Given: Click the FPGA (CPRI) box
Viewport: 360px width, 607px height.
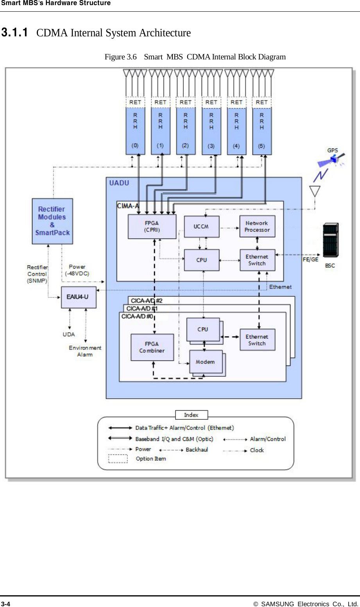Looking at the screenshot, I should pyautogui.click(x=152, y=226).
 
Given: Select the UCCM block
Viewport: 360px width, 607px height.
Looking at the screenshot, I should pyautogui.click(x=201, y=226).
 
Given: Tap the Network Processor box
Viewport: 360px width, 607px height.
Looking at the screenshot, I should pyautogui.click(x=257, y=226).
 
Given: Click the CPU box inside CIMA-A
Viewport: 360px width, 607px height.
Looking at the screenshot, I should pyautogui.click(x=202, y=260).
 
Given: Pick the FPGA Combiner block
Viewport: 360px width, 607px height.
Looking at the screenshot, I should pyautogui.click(x=152, y=347).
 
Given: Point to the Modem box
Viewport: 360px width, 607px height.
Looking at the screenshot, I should pyautogui.click(x=206, y=362).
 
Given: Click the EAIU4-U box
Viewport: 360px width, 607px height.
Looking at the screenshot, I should pyautogui.click(x=78, y=297).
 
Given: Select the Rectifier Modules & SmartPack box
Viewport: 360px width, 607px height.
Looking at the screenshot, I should pyautogui.click(x=52, y=221).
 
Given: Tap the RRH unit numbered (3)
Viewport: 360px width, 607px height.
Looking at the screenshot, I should pyautogui.click(x=211, y=131).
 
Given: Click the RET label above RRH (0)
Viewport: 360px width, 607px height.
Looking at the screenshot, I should pyautogui.click(x=135, y=102).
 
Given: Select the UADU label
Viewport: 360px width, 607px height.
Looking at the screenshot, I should pyautogui.click(x=119, y=183).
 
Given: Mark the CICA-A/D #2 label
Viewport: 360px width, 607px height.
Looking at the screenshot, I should pyautogui.click(x=147, y=301).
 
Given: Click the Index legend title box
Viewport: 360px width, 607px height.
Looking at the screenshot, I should pyautogui.click(x=191, y=415).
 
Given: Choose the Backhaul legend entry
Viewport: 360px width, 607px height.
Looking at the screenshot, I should pyautogui.click(x=197, y=450).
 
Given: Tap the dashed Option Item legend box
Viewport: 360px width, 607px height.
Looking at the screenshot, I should pyautogui.click(x=118, y=458).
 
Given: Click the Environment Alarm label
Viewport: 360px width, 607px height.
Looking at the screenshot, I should pyautogui.click(x=85, y=351).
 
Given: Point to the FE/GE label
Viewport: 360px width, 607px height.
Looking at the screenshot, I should pyautogui.click(x=310, y=259).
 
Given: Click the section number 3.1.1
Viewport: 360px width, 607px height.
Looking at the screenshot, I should pyautogui.click(x=14, y=32).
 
